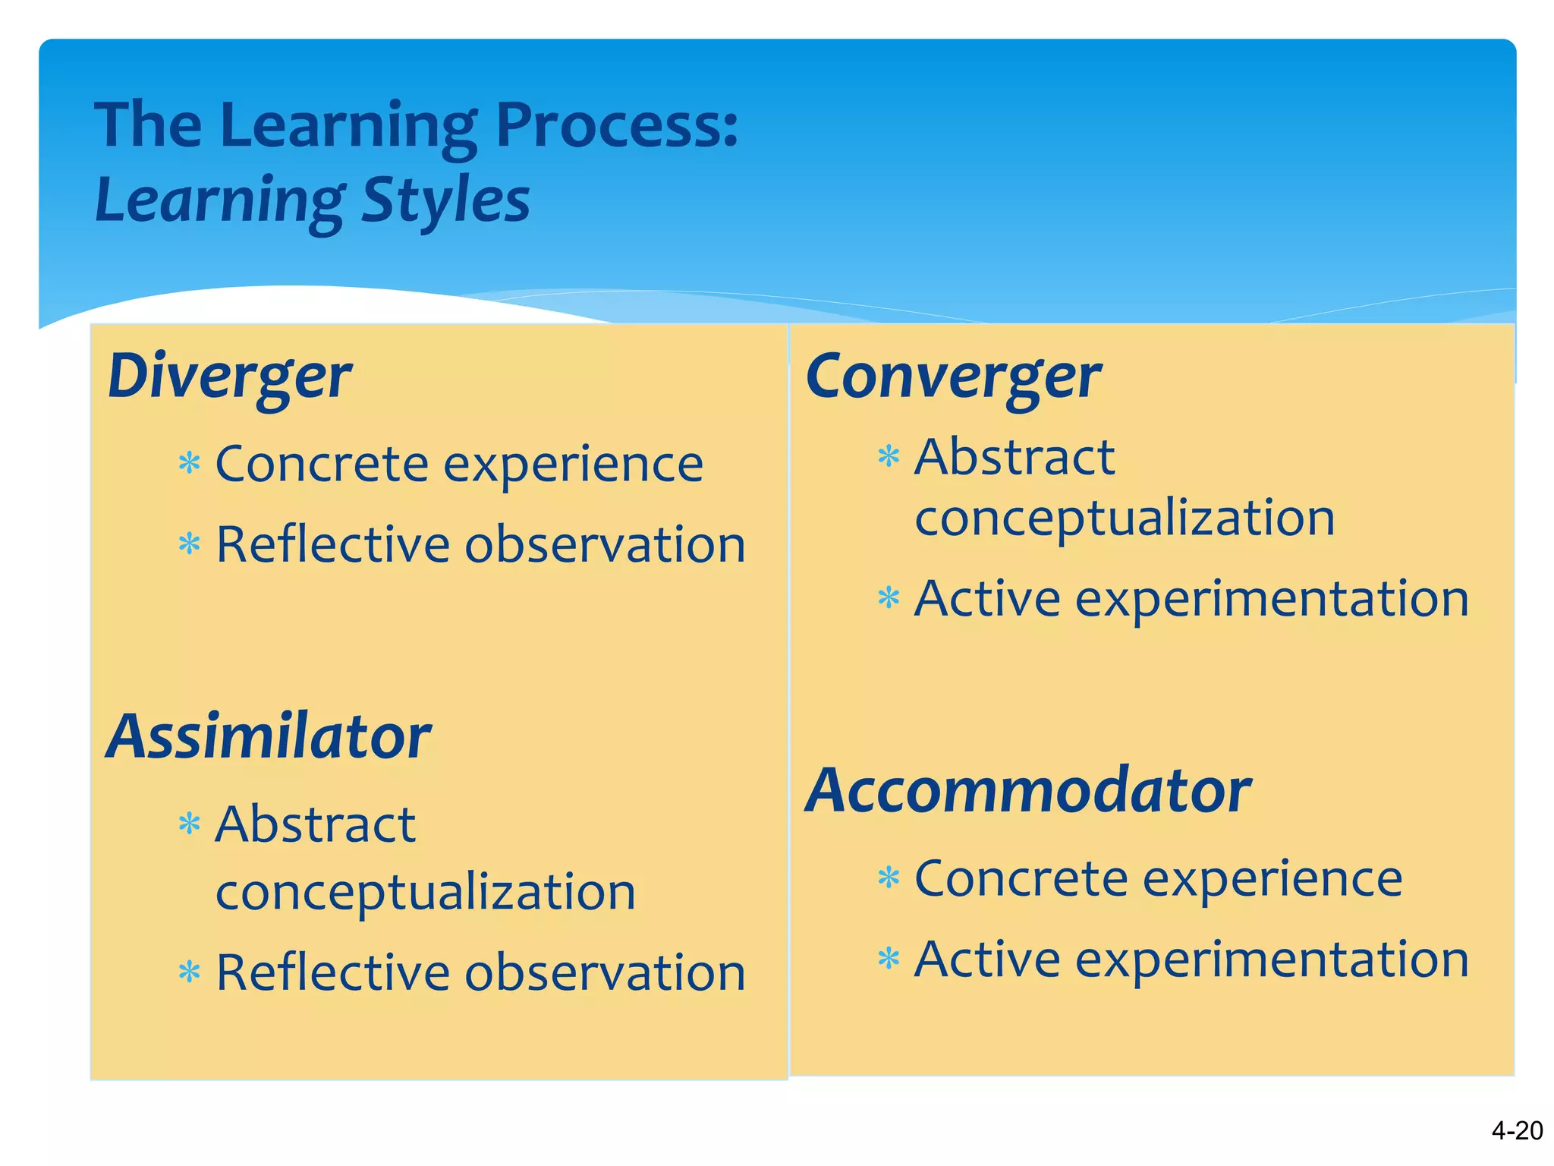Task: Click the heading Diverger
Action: pos(229,377)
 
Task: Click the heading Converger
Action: pos(953,377)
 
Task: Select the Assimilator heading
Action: pos(269,737)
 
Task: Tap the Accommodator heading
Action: pos(1028,791)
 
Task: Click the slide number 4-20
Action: pos(1516,1131)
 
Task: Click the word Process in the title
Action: pos(615,125)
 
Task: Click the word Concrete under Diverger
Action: pos(322,464)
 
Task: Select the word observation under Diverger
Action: pos(605,545)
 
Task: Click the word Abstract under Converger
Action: pos(1015,458)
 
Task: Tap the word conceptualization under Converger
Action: pos(1124,518)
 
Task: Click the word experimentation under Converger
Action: pos(1272,599)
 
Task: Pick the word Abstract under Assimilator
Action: pos(316,824)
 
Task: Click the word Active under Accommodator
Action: pos(986,960)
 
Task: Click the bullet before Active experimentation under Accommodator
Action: pos(889,959)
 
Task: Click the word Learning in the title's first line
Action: pos(348,125)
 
